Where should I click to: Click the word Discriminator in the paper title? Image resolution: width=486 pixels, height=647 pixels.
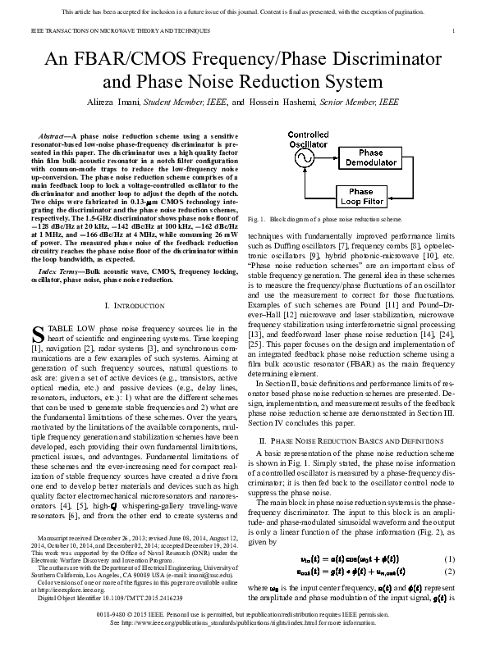coord(392,60)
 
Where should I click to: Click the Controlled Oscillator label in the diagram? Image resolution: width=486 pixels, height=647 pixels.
coord(307,139)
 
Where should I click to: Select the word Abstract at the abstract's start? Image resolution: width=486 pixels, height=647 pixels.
coord(54,133)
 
